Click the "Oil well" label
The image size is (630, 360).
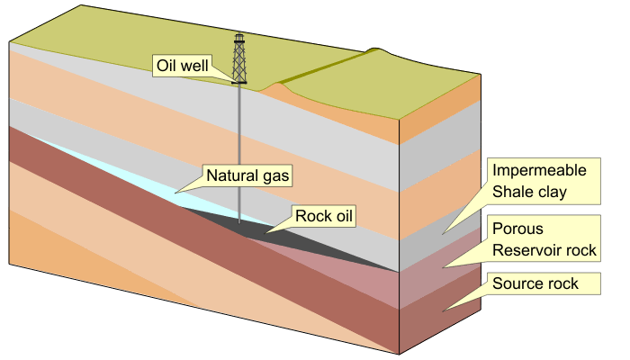184,66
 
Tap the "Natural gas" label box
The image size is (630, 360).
247,175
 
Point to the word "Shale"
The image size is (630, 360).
512,192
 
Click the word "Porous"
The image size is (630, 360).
517,229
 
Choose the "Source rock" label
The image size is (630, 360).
535,284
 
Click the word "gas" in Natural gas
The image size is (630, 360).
272,175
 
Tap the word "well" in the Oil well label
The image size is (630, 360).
198,66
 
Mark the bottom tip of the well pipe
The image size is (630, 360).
239,221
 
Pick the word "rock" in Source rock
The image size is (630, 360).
558,284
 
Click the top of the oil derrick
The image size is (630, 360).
239,36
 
